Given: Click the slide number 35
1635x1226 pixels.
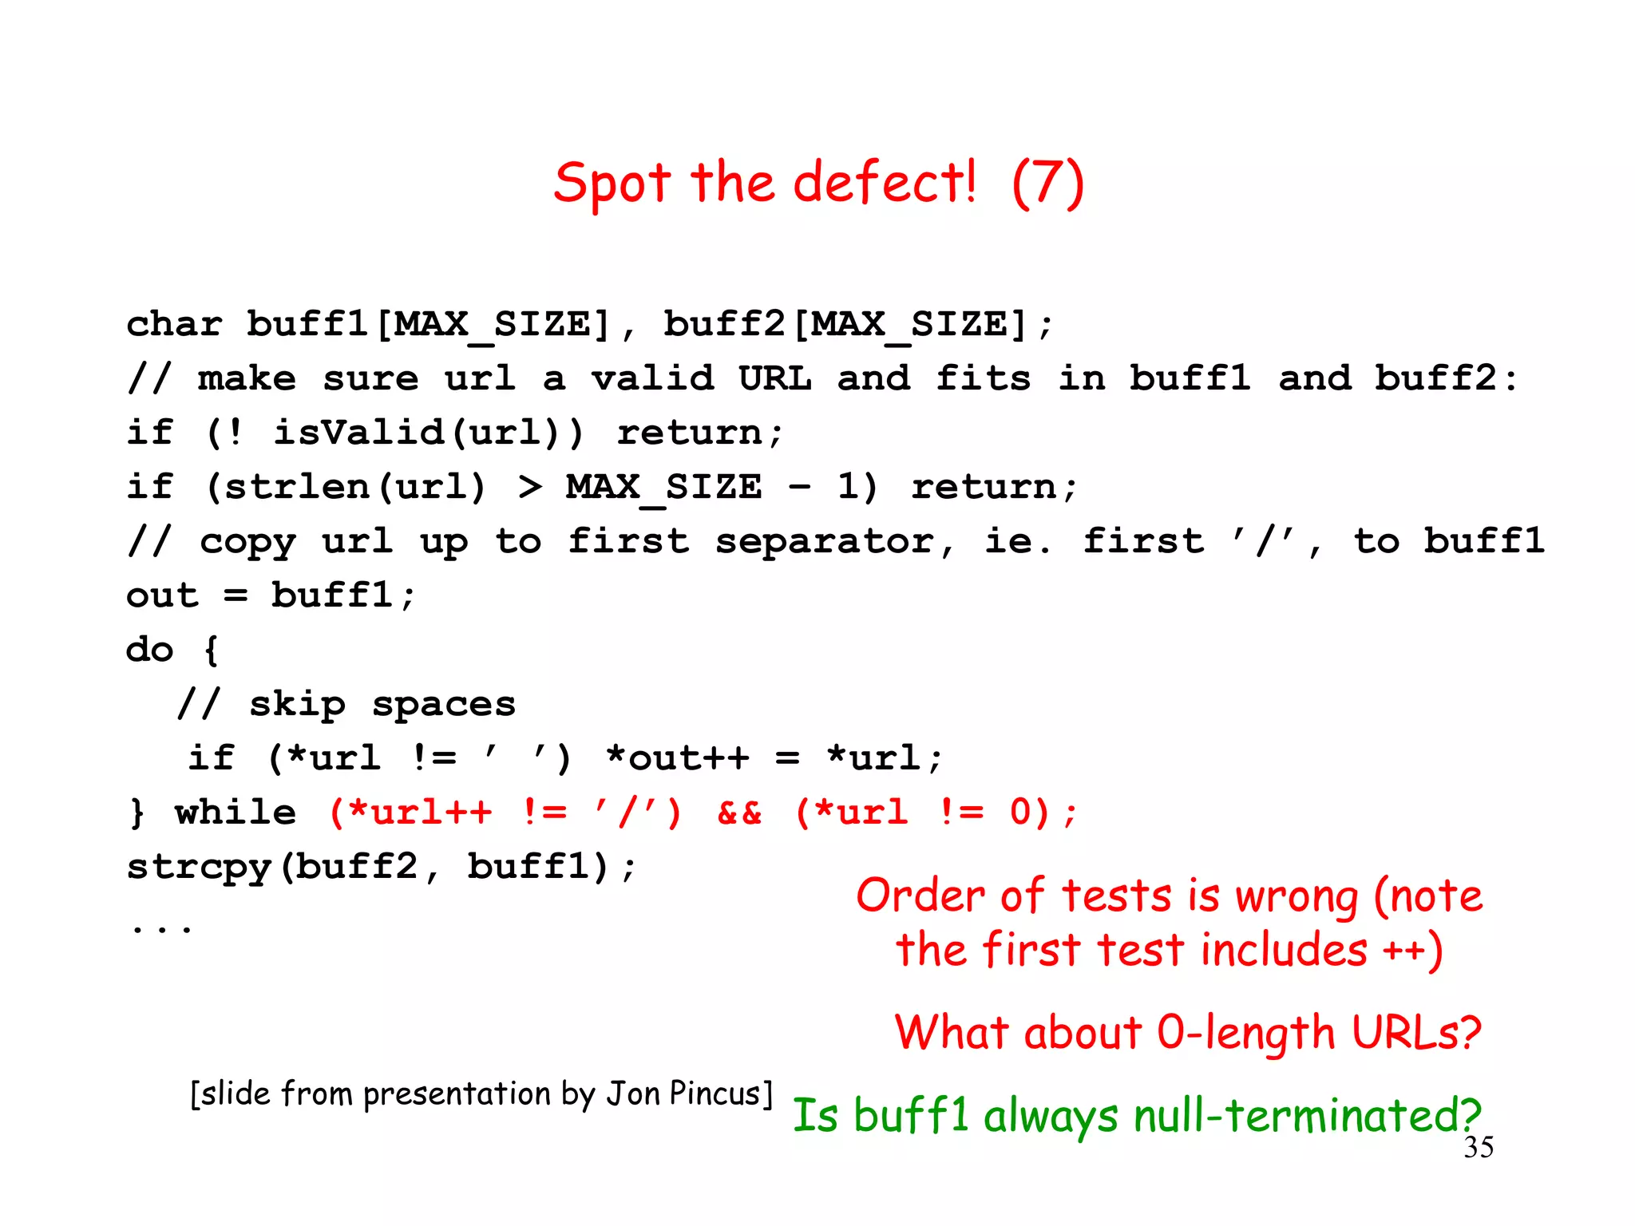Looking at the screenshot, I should pyautogui.click(x=1479, y=1147).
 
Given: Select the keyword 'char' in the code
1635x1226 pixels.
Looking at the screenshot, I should pyautogui.click(x=174, y=324).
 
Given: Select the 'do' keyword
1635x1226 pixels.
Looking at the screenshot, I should pyautogui.click(x=149, y=650).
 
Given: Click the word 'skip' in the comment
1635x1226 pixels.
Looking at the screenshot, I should pyautogui.click(x=297, y=704).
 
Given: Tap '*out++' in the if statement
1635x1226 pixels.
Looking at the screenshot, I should pyautogui.click(x=677, y=758).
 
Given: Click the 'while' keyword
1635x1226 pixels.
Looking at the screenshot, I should pyautogui.click(x=236, y=813).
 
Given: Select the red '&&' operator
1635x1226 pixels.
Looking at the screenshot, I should pyautogui.click(x=739, y=813).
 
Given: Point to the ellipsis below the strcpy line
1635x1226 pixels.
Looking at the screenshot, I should pyautogui.click(x=161, y=927).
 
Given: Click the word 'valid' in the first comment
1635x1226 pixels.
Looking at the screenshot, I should pyautogui.click(x=652, y=378).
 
